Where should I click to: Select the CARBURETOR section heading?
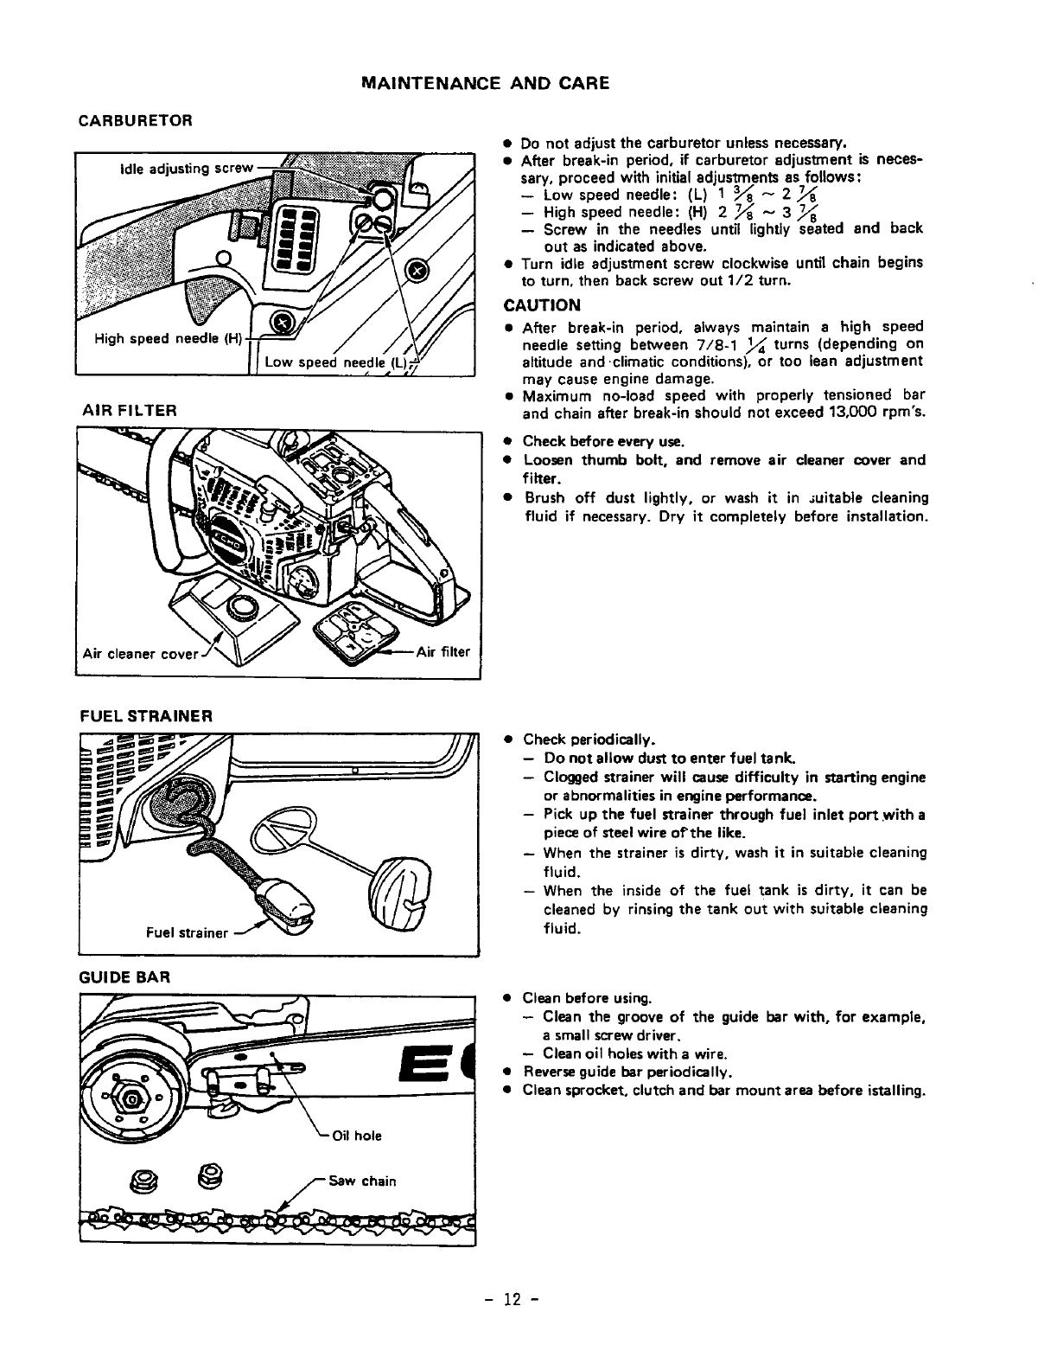tap(134, 119)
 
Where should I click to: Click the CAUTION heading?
tap(542, 305)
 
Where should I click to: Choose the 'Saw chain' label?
tap(366, 1181)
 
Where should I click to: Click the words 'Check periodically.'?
tap(589, 739)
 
